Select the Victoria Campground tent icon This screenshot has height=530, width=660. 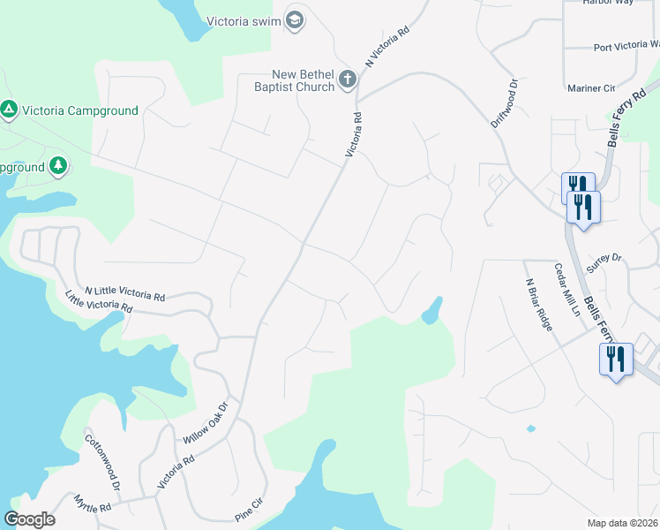coord(9,110)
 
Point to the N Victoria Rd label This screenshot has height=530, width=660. coord(387,47)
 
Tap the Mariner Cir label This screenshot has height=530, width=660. coord(591,88)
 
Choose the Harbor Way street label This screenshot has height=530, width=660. coord(608,3)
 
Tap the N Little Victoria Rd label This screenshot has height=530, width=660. coord(124,292)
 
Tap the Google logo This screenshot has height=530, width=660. coord(29,519)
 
